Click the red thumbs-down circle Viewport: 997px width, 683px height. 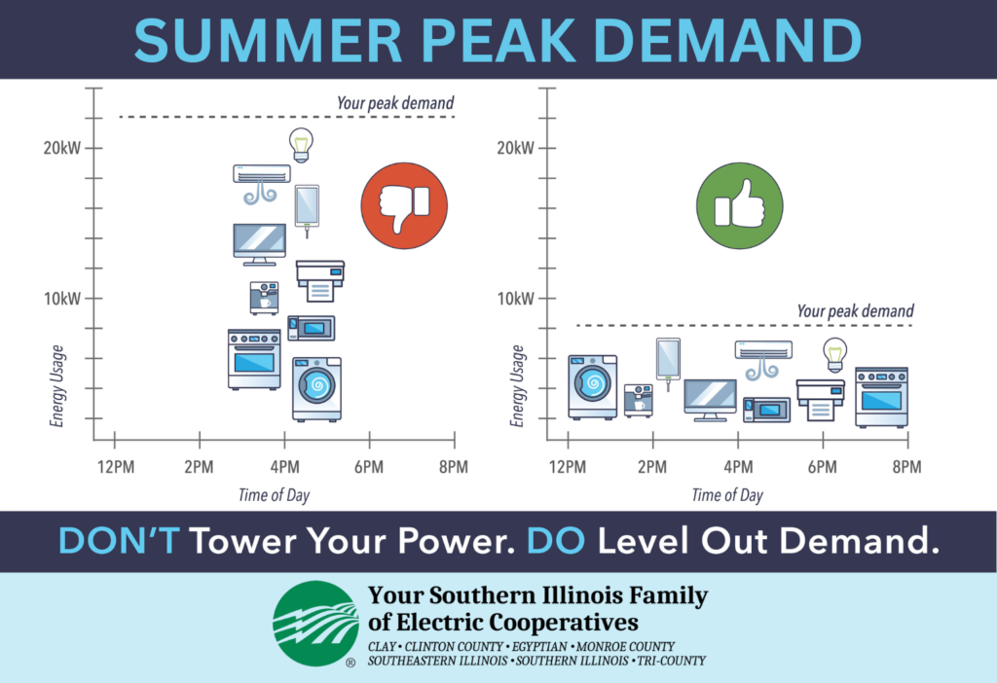[404, 206]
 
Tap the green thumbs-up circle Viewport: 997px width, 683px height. [740, 206]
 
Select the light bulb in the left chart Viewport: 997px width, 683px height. [301, 145]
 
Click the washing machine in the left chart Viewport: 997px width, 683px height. [316, 389]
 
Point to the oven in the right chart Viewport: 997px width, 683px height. [881, 397]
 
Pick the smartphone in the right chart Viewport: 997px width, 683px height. [668, 362]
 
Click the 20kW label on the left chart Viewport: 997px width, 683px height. [62, 149]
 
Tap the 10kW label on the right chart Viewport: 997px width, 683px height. [516, 299]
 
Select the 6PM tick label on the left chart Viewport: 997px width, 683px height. [369, 468]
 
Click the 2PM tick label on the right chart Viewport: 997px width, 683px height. [652, 468]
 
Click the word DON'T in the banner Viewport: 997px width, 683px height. [119, 540]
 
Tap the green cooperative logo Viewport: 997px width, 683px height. [316, 624]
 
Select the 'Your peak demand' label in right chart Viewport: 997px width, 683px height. [855, 310]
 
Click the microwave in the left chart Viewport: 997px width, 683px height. [311, 328]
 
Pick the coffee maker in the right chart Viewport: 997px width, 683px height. [639, 400]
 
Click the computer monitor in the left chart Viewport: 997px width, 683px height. [259, 244]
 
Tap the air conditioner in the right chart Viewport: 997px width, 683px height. [763, 359]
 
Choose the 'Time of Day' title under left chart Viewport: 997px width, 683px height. [274, 495]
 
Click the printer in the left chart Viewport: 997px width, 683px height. [320, 281]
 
